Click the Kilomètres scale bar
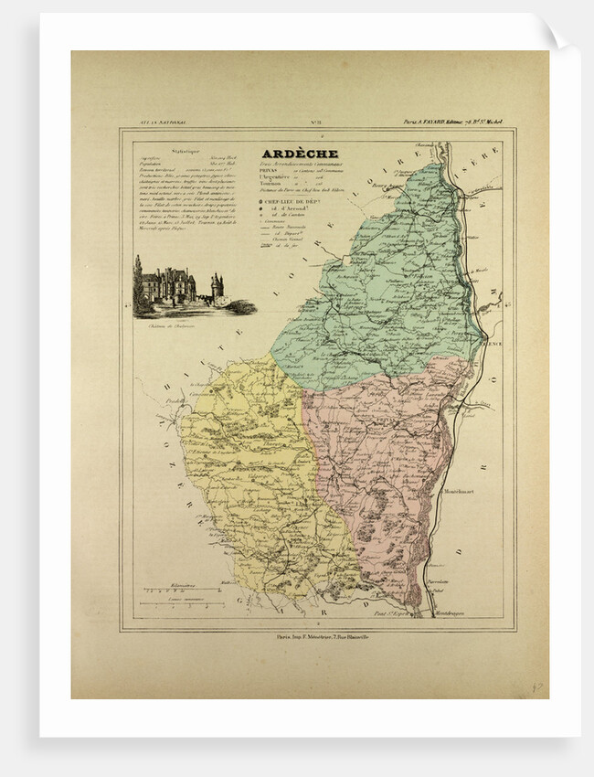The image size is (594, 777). click(178, 595)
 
